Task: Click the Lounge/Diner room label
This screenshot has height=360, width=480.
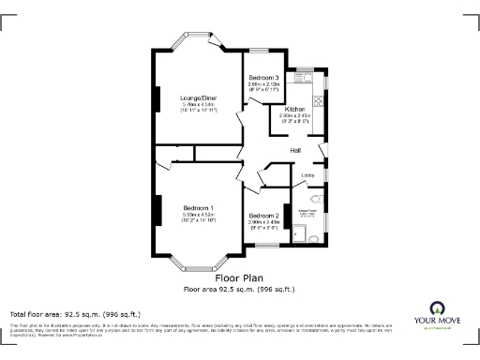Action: pyautogui.click(x=198, y=97)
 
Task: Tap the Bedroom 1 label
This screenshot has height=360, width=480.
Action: pyautogui.click(x=198, y=207)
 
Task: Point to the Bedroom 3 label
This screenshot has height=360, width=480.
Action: pyautogui.click(x=263, y=77)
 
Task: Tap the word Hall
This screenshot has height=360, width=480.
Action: pyautogui.click(x=295, y=150)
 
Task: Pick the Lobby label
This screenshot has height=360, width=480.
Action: pyautogui.click(x=307, y=174)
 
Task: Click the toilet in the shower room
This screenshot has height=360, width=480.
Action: pyautogui.click(x=315, y=199)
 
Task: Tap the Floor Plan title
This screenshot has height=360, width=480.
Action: pyautogui.click(x=239, y=278)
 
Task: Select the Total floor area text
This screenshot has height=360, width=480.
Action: pyautogui.click(x=75, y=313)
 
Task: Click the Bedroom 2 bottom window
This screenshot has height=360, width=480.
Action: pyautogui.click(x=268, y=245)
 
